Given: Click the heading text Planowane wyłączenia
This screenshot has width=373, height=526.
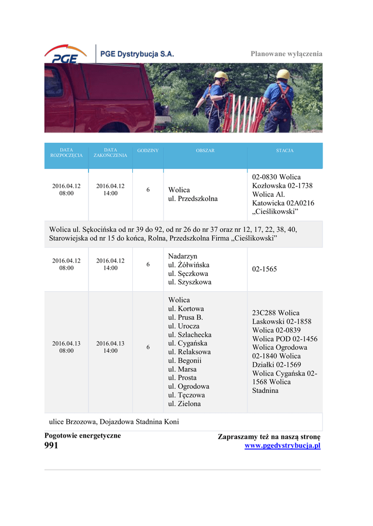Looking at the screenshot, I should coord(286,54).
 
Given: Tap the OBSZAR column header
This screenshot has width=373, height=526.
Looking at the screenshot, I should coord(205,151).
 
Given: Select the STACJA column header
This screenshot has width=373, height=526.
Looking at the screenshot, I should coord(285,151).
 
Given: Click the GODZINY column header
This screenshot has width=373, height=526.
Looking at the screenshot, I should coord(148,151).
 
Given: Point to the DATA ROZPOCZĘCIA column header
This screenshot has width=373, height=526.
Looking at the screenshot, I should coord(66,153).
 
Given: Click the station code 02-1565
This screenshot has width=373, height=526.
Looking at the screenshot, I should coord(264,269).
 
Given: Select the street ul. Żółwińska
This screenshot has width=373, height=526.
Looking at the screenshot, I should coord(189,265).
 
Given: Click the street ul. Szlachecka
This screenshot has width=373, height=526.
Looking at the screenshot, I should coord(190,334).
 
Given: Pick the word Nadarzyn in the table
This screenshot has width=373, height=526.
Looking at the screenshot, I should coord(183,256).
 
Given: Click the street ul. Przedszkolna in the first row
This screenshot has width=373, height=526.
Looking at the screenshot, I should coord(193,199).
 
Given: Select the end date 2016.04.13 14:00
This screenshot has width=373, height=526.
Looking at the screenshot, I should coord(110,347).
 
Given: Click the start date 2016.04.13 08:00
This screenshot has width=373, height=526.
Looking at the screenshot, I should coord(66,347).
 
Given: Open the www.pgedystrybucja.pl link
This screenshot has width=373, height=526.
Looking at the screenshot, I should coord(282,446).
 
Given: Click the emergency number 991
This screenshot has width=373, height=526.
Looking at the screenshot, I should coord(51,446).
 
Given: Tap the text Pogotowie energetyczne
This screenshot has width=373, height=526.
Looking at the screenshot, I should coord(83,436).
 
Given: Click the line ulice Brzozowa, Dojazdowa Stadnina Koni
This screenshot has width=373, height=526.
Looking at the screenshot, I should coord(114,422).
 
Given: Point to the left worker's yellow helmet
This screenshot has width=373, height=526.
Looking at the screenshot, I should coord(221,75).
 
